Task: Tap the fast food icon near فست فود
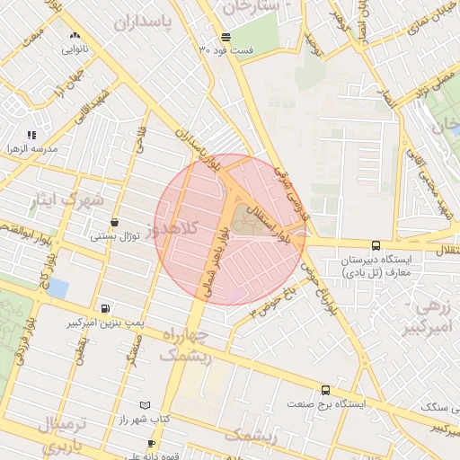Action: click(x=225, y=38)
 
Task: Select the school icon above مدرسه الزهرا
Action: click(x=31, y=135)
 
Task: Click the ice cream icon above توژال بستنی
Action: click(x=114, y=222)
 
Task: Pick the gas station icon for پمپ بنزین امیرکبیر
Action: click(x=107, y=307)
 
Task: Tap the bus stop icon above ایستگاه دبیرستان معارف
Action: click(x=376, y=244)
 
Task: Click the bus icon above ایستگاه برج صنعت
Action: click(x=325, y=391)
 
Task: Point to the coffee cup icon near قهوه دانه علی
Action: click(x=151, y=443)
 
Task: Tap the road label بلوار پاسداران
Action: click(x=195, y=148)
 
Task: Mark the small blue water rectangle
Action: click(x=58, y=287)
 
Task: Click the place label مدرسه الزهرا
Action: click(x=31, y=147)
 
